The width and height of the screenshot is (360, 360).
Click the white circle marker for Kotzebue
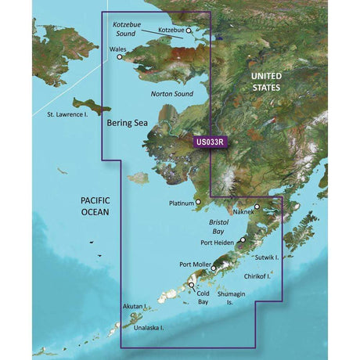click(188, 31)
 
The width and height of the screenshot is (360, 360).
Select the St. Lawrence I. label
click(63, 118)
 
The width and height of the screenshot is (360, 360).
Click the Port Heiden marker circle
click(243, 240)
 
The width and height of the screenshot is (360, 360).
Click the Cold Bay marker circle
click(192, 286)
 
